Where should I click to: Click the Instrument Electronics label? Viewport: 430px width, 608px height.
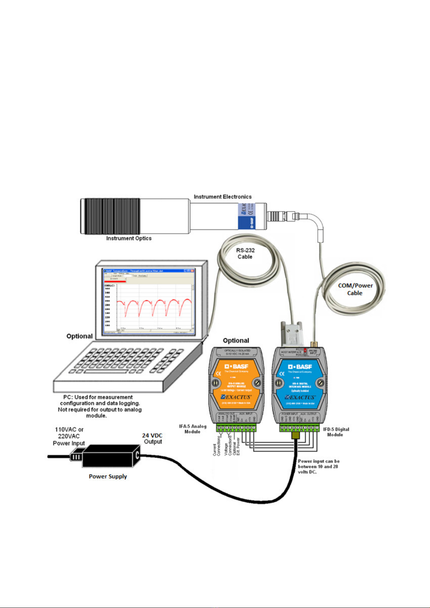pos(222,197)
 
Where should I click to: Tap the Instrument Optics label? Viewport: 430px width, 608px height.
pos(129,238)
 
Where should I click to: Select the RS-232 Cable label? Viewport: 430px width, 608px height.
pos(245,253)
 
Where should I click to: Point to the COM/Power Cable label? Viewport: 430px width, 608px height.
pos(355,289)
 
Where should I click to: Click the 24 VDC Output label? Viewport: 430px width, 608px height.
pos(152,438)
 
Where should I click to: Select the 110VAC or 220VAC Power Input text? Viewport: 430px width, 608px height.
pos(69,436)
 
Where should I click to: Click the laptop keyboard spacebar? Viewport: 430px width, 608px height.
pos(102,372)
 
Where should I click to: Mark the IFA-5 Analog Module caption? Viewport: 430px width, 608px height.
pos(192,429)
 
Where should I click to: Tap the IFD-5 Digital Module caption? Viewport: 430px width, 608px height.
pos(336,432)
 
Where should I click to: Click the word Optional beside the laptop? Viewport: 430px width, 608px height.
pos(79,336)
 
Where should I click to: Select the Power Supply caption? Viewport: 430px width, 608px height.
pos(108,476)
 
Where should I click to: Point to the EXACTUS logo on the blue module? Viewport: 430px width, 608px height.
pos(300,397)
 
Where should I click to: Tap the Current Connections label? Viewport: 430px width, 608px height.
pos(216,445)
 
